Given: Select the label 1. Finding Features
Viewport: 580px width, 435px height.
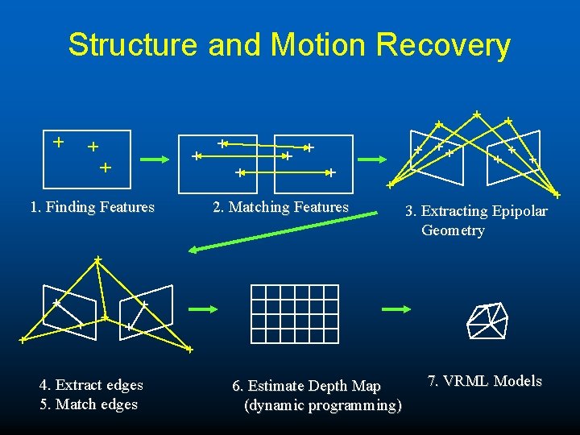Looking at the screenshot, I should (x=92, y=207).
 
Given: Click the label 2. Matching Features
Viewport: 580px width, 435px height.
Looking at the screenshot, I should (x=280, y=207).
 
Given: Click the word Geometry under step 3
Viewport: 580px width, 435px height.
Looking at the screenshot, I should (x=453, y=230).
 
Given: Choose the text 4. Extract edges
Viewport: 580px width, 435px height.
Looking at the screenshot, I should (x=91, y=385).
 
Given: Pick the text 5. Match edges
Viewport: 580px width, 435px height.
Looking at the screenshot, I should (x=89, y=404).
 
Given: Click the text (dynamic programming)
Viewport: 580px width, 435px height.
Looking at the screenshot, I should (x=322, y=405).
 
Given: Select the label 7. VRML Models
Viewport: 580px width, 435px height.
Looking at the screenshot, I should (x=485, y=381).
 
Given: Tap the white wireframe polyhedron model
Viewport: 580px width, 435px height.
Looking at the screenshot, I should (x=487, y=321).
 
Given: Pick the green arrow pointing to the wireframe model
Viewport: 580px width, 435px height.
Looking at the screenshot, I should (x=396, y=309).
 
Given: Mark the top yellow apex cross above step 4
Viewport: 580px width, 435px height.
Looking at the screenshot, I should (x=97, y=259).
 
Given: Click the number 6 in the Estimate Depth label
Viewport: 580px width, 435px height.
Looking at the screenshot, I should (x=236, y=387).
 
